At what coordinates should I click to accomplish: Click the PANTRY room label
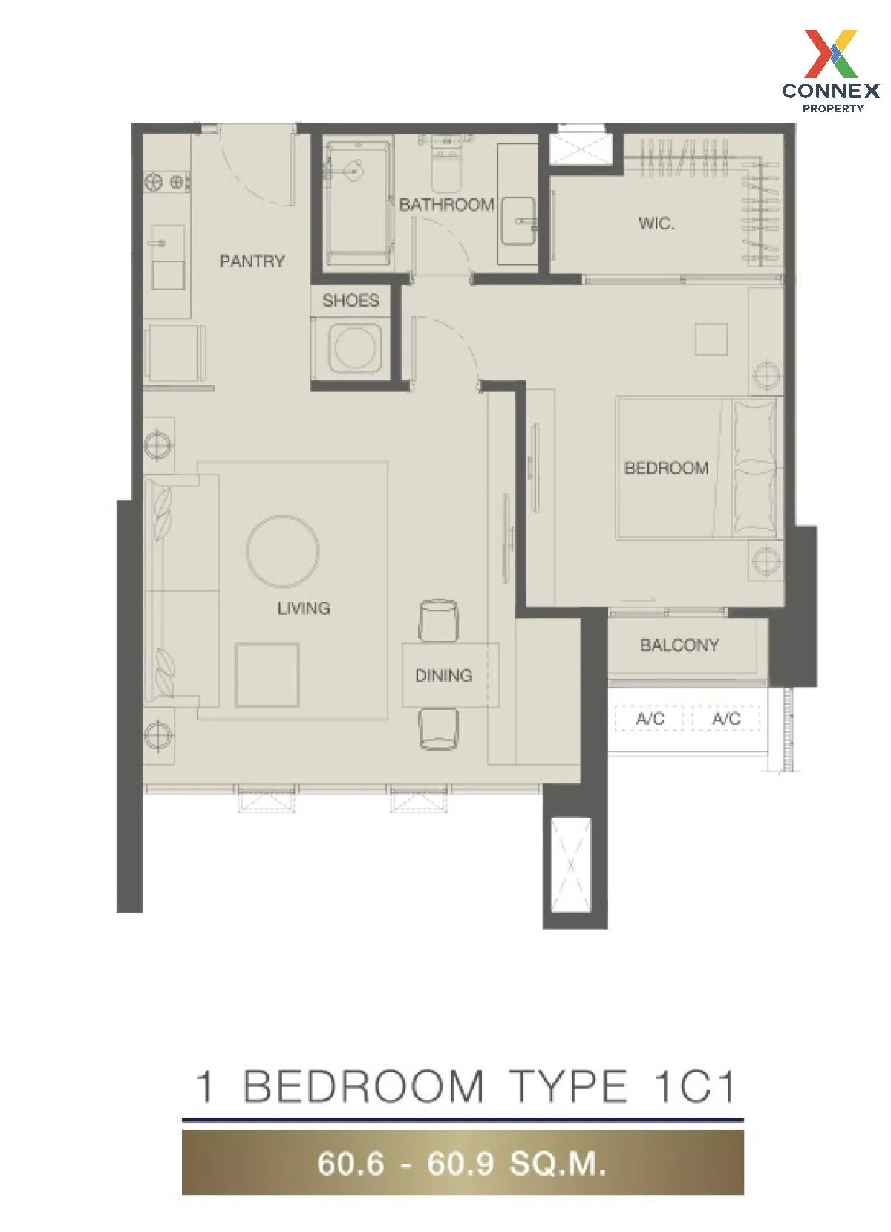pos(252,261)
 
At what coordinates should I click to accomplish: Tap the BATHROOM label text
pos(446,205)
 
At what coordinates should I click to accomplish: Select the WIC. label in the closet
pos(656,224)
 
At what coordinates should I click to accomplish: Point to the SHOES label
pos(350,300)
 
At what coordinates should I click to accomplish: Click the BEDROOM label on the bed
pos(666,468)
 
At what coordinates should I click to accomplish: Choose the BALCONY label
pos(679,645)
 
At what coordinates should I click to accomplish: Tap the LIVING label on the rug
pos(304,607)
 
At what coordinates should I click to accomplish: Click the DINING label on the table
pos(443,675)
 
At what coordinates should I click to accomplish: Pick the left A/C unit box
pos(649,718)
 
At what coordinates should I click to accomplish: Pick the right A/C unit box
pos(725,718)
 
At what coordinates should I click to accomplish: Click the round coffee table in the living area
pos(283,551)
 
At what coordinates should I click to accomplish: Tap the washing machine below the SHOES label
pos(355,348)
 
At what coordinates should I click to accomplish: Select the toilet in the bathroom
pos(446,164)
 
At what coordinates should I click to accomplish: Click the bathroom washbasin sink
pos(518,221)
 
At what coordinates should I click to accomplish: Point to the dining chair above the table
pos(438,620)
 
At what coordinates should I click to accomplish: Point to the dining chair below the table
pos(438,729)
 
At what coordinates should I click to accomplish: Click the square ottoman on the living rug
pos(267,675)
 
